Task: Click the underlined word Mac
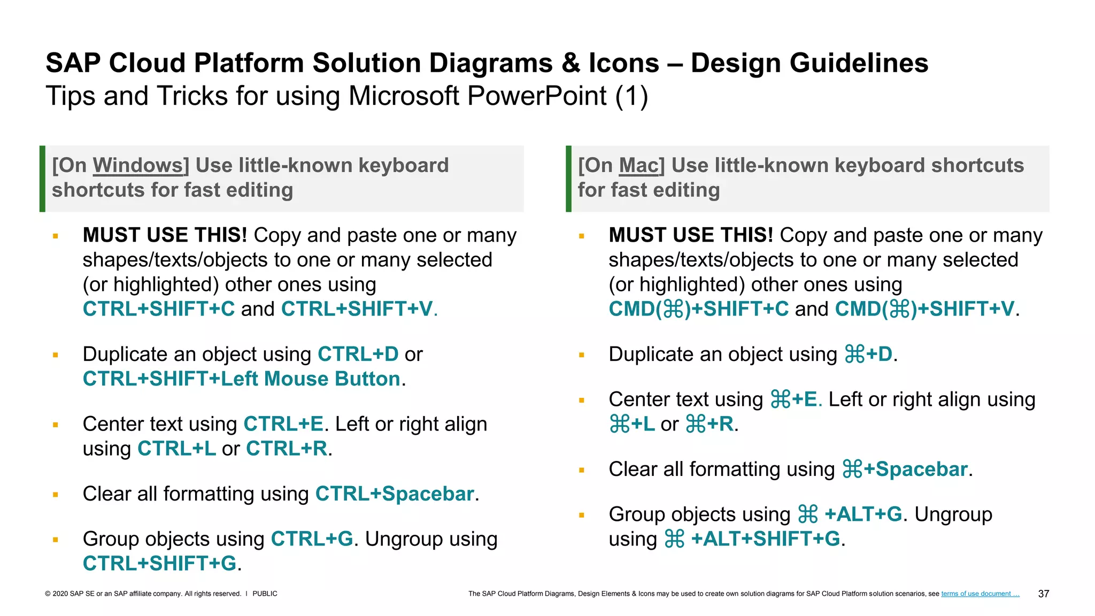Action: [x=639, y=166]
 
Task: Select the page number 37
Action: [x=1043, y=594]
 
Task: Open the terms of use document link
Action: [x=980, y=594]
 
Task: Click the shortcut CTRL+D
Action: [x=358, y=355]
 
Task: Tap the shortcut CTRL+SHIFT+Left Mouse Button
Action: [x=241, y=379]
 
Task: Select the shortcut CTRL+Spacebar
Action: [x=395, y=494]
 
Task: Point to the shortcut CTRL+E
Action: [x=283, y=425]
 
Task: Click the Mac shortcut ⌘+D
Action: [x=868, y=355]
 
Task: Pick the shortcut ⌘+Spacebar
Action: [x=905, y=469]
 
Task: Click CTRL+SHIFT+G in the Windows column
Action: [x=159, y=564]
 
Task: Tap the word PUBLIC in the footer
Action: [x=265, y=594]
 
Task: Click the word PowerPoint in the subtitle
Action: [x=537, y=97]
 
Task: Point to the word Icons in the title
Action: [x=623, y=63]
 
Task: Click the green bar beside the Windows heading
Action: [x=42, y=179]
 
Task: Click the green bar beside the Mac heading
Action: [x=568, y=179]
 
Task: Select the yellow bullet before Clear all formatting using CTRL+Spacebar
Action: [x=55, y=495]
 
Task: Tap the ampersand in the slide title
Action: [x=570, y=63]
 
